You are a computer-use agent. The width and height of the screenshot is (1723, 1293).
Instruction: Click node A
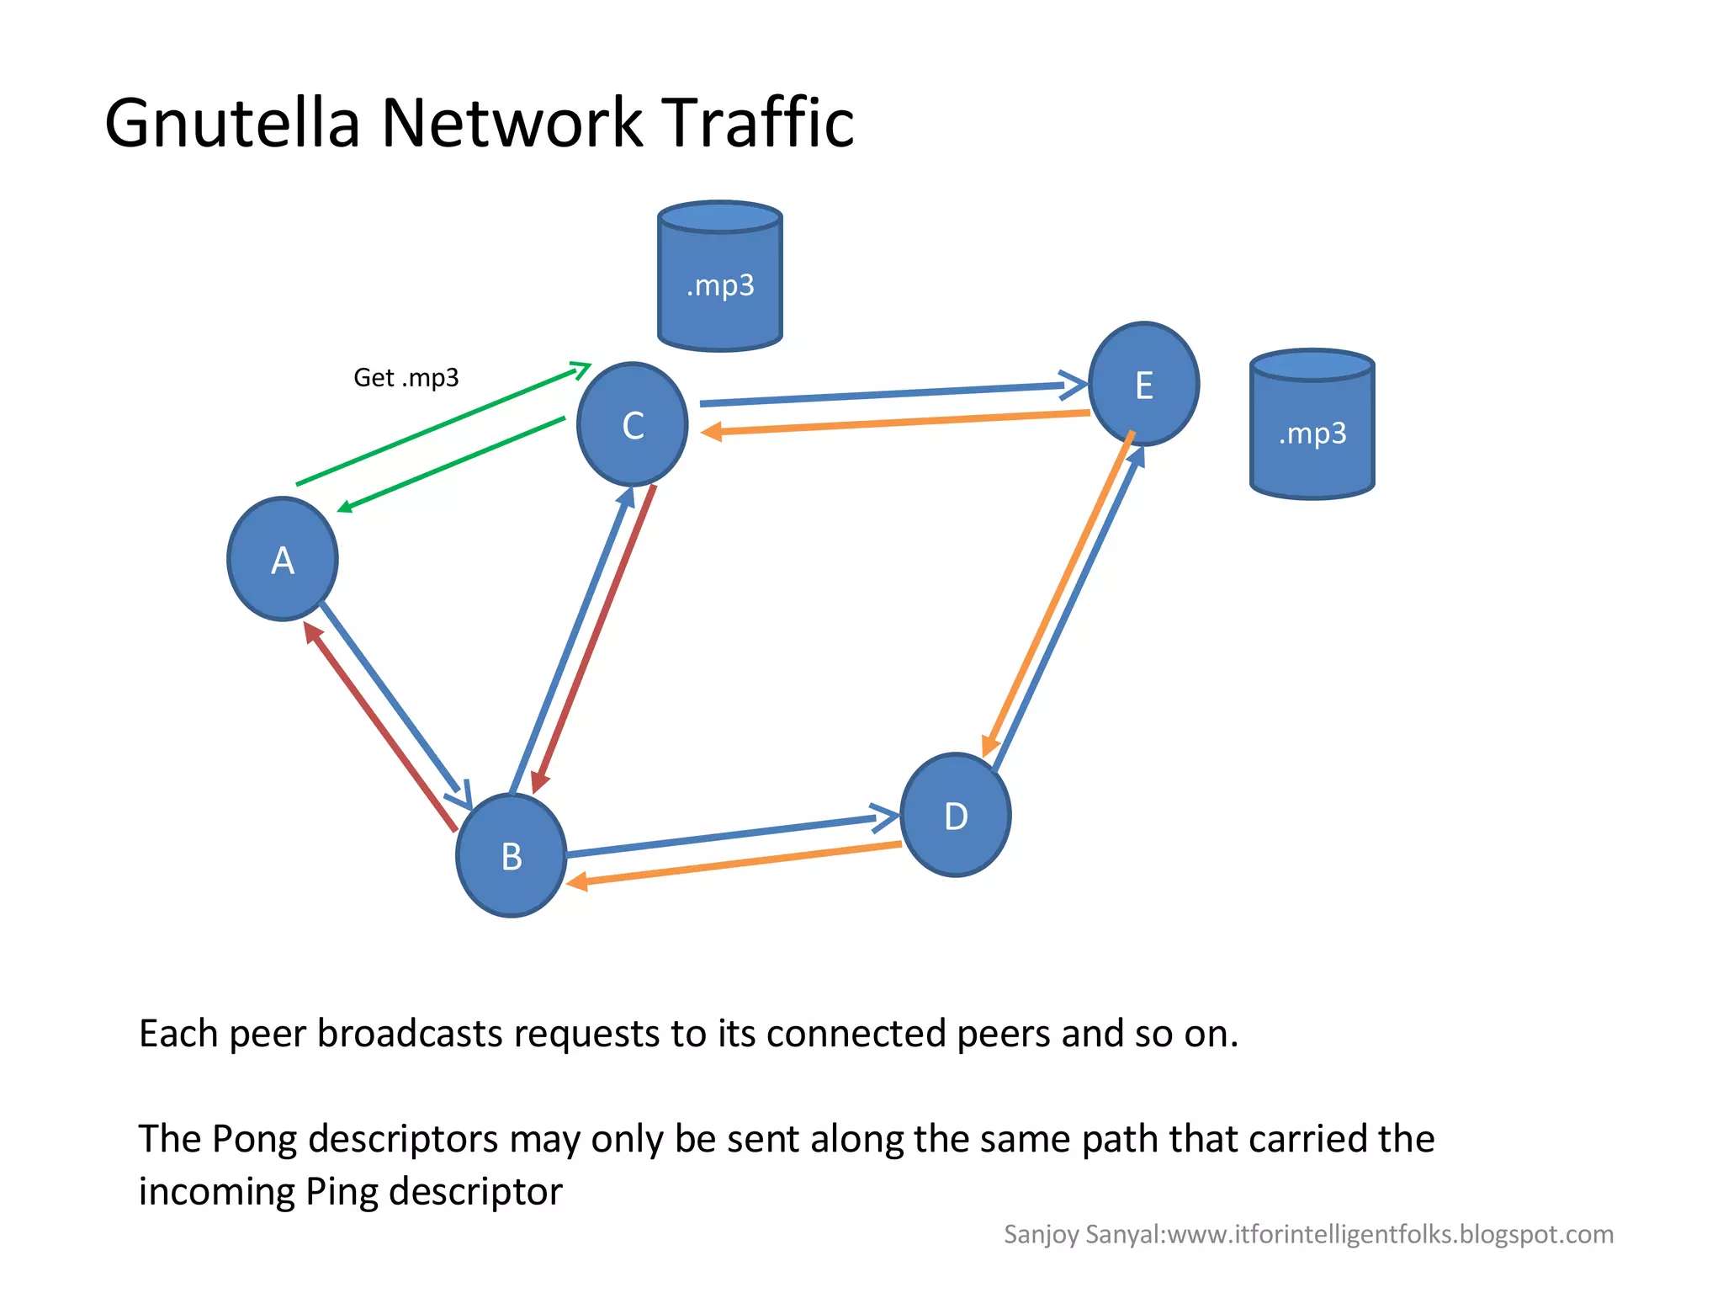(283, 560)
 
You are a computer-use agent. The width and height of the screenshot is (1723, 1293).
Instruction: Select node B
(511, 856)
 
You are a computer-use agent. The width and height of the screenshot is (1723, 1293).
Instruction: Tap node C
(633, 425)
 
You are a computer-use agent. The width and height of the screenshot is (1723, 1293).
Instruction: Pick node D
(956, 816)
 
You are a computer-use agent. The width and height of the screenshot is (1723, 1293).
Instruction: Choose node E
(1144, 385)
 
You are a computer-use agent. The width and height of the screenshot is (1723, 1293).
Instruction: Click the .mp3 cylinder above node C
(720, 278)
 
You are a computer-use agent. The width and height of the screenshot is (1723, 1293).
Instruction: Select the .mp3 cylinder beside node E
(1312, 425)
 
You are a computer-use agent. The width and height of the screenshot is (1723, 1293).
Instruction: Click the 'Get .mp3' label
(406, 378)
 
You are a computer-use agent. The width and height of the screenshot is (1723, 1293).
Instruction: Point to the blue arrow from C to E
(883, 394)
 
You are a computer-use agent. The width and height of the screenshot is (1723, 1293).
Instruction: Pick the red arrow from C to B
(594, 640)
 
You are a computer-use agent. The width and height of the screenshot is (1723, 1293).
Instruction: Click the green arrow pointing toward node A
(451, 464)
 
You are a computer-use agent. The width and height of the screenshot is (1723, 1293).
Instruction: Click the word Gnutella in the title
(232, 123)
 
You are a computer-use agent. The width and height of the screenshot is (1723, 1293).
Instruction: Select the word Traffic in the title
(757, 123)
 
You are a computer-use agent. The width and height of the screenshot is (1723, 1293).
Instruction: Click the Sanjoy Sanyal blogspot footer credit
(1308, 1234)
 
